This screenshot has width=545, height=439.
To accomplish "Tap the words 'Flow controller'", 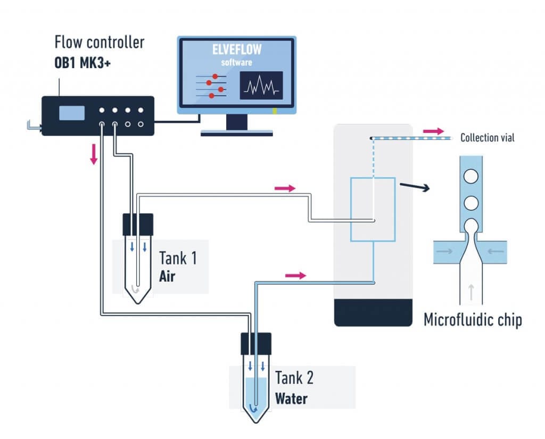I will [x=99, y=42].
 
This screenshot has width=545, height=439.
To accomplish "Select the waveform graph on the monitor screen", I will [x=261, y=86].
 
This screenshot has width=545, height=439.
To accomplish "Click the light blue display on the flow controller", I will [x=72, y=113].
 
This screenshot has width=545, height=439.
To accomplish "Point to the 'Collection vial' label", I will [x=487, y=138].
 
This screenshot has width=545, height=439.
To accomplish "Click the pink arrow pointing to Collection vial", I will [x=433, y=130].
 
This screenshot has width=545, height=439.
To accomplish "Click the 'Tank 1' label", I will [x=178, y=259].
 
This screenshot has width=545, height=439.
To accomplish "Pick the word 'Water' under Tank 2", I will [x=291, y=398].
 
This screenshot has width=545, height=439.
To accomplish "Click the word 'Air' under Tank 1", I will [x=167, y=277].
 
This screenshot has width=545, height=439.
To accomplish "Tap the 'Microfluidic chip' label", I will [x=473, y=320].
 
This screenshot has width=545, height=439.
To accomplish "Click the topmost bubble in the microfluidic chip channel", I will [x=470, y=176].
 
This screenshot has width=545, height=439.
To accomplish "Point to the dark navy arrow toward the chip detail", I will [x=415, y=186].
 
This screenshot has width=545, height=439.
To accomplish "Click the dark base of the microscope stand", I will [x=373, y=312].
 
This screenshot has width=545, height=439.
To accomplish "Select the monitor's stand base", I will [x=237, y=133].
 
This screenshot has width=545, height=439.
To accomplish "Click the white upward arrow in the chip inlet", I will [x=470, y=289].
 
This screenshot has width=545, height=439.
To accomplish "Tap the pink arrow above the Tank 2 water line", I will [x=296, y=275].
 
